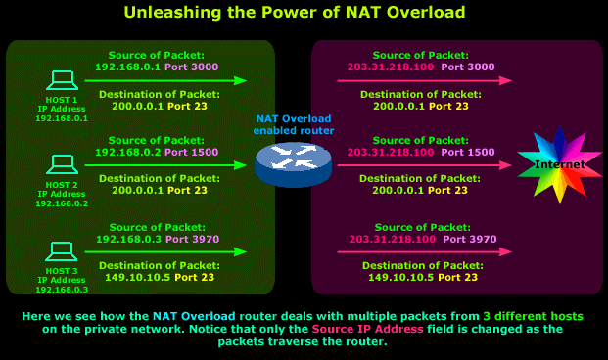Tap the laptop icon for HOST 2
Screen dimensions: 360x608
coord(62,163)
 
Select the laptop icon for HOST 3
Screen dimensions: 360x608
coord(62,251)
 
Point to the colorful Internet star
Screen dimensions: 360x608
coord(560,163)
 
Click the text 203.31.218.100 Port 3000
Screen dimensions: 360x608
coord(421,67)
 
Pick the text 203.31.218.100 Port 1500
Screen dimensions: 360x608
coord(421,153)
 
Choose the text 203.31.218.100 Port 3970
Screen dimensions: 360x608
coord(421,239)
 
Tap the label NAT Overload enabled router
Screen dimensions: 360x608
coord(294,124)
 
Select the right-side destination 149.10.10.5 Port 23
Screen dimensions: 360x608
coord(422,277)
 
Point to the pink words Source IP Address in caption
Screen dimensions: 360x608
coord(367,330)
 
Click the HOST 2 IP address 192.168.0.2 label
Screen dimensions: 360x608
coord(62,202)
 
